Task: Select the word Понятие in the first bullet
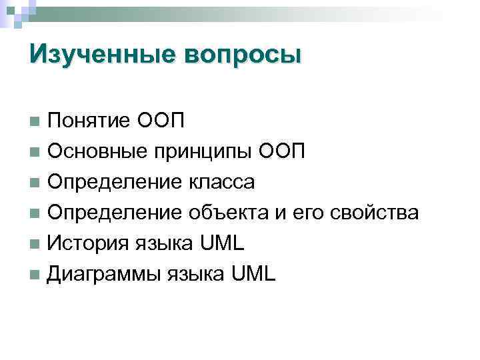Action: pyautogui.click(x=89, y=121)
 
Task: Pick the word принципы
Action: pyautogui.click(x=203, y=153)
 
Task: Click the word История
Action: pyautogui.click(x=86, y=243)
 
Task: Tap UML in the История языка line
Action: pyautogui.click(x=223, y=243)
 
